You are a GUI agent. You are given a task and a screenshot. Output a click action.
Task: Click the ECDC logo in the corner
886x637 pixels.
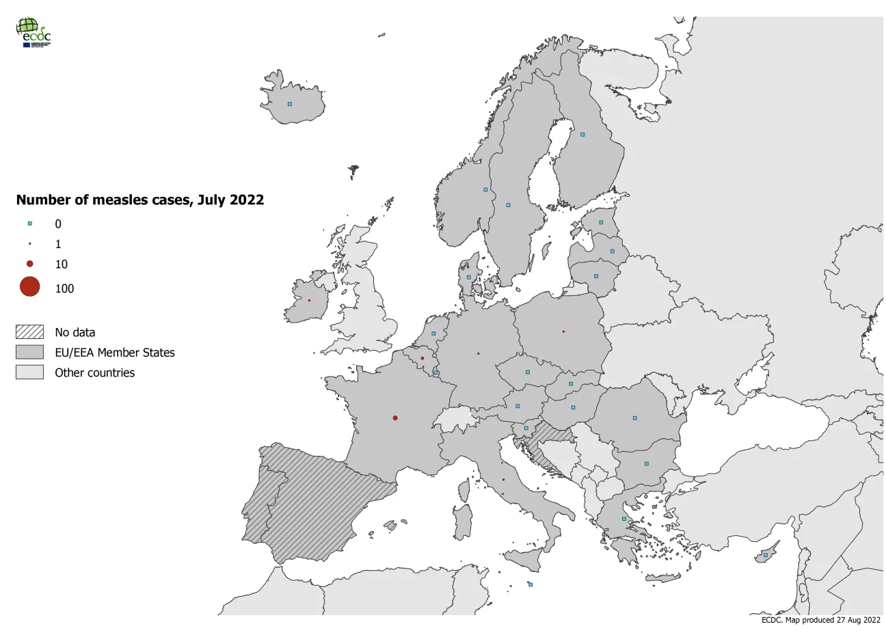click(x=33, y=31)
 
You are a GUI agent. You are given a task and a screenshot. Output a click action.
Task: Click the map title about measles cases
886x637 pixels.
click(x=139, y=200)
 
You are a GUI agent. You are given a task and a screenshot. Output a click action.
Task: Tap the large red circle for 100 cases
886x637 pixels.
click(x=30, y=287)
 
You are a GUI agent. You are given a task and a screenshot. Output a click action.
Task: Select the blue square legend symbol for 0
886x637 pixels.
click(x=30, y=223)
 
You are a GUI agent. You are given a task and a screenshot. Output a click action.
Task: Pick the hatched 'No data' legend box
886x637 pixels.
click(x=29, y=332)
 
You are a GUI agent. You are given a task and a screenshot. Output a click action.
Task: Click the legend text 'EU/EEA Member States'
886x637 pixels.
click(x=115, y=353)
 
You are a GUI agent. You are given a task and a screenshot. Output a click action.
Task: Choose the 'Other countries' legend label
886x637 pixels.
click(x=95, y=372)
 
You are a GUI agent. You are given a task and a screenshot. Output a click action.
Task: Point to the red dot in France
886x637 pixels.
click(x=395, y=418)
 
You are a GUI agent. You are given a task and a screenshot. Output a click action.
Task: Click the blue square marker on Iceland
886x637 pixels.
click(x=290, y=104)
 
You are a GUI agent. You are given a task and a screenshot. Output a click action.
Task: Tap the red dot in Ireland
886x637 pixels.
click(x=309, y=300)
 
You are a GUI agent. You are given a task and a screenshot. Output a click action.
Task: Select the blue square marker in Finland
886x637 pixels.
click(x=582, y=135)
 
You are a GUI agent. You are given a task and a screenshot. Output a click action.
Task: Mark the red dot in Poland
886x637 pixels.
click(x=563, y=331)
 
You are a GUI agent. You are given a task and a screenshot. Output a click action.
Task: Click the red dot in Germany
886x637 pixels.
click(x=478, y=353)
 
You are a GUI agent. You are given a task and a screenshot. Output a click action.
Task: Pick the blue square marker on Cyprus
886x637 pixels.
click(x=766, y=555)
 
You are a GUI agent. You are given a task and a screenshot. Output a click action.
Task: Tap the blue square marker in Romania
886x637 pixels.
click(x=634, y=418)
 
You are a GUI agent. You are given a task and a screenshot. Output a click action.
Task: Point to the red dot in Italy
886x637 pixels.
click(x=503, y=479)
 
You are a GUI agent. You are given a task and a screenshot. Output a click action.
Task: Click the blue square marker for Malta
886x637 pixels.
click(x=531, y=584)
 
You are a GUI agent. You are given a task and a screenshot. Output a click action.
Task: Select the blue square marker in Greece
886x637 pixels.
click(x=623, y=519)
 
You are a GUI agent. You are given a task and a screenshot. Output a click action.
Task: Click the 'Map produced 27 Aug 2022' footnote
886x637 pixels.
click(x=820, y=620)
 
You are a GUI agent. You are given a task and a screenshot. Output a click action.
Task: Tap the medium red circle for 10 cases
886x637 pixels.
click(x=30, y=264)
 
